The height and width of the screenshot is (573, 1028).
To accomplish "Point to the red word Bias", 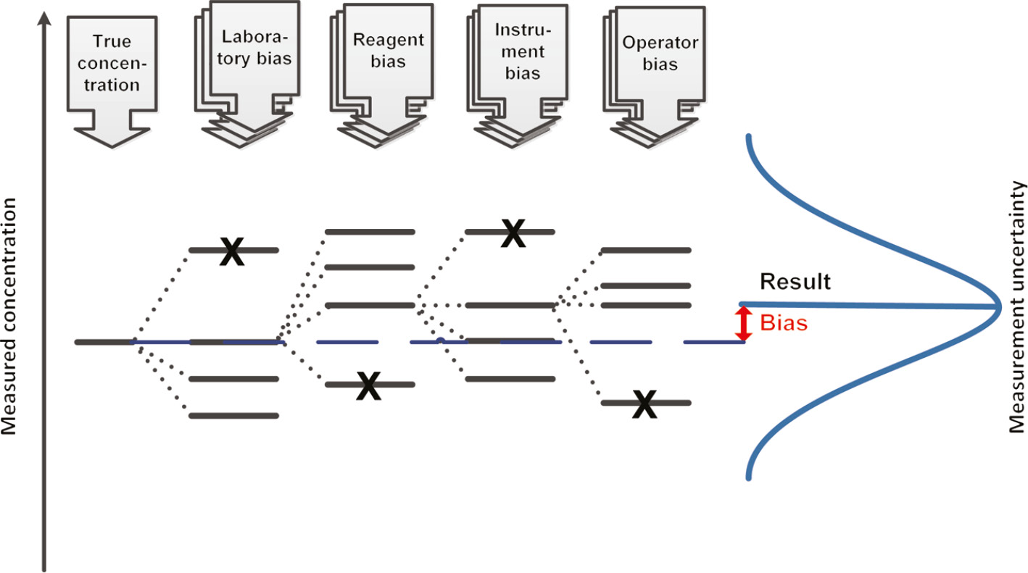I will click(x=783, y=323).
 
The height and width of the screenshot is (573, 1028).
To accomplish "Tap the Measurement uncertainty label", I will click(x=1018, y=306).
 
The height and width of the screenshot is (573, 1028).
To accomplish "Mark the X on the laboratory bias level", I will click(x=231, y=251).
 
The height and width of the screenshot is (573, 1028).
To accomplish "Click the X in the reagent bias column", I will click(x=369, y=385).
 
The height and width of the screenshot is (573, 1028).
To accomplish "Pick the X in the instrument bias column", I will click(x=513, y=233).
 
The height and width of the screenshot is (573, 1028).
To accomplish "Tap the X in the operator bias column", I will click(x=644, y=403).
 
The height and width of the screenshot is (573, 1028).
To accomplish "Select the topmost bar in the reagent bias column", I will click(x=370, y=232).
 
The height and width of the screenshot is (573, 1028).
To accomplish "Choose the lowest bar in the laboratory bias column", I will click(x=233, y=416).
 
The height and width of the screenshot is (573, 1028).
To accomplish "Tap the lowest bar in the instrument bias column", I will click(x=510, y=379).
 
